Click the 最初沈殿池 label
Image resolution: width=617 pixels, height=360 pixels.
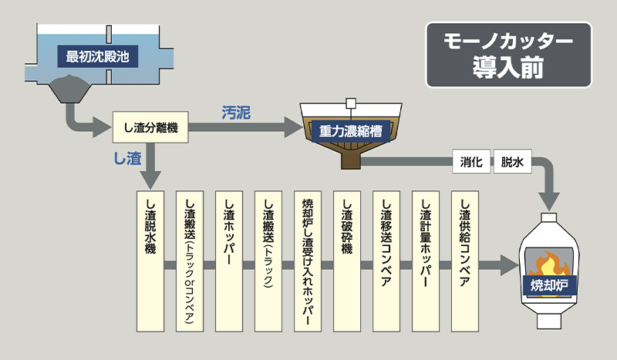coord(98,56)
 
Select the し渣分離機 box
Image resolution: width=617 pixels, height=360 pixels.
coord(150,127)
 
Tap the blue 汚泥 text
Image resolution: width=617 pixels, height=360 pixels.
coord(236,113)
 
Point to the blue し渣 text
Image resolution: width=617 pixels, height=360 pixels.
coord(127,158)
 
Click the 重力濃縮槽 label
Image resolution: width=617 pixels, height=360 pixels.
coord(351,131)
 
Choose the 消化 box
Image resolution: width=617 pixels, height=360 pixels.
coord(471,161)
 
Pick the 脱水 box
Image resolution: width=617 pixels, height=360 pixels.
coord(512,161)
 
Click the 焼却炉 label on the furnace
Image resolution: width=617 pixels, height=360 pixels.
coord(549,286)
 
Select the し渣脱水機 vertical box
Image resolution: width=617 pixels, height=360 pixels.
coord(150,261)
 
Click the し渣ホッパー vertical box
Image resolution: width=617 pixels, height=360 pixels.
coord(229,261)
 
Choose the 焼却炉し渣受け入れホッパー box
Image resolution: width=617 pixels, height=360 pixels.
coord(308,261)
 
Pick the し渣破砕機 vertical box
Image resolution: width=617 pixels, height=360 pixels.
coord(347,261)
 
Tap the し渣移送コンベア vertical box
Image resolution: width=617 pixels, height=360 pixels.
coord(386,261)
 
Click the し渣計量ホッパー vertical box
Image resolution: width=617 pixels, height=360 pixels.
coord(426,261)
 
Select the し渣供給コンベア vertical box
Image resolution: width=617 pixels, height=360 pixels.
coord(465,261)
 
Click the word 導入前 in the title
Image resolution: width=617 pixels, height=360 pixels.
coord(508,67)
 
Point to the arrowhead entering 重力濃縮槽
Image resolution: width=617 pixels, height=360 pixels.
coord(294,127)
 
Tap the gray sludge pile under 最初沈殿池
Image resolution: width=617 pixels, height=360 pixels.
coord(69,88)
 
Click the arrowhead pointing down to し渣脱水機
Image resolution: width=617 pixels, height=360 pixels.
coord(150,180)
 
